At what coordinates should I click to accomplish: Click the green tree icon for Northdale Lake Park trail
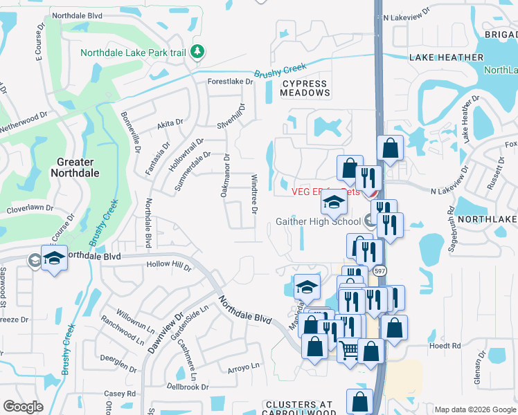coord(197,51)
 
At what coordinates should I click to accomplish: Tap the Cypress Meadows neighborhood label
coord(305,88)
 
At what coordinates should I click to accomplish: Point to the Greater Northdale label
coord(76,167)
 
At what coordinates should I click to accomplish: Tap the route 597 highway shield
coord(379,272)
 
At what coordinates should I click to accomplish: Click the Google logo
coord(23,407)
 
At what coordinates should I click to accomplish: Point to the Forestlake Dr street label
coord(231,81)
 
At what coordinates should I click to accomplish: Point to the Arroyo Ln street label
coord(243,367)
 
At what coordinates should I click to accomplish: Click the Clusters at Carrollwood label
coord(299,408)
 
